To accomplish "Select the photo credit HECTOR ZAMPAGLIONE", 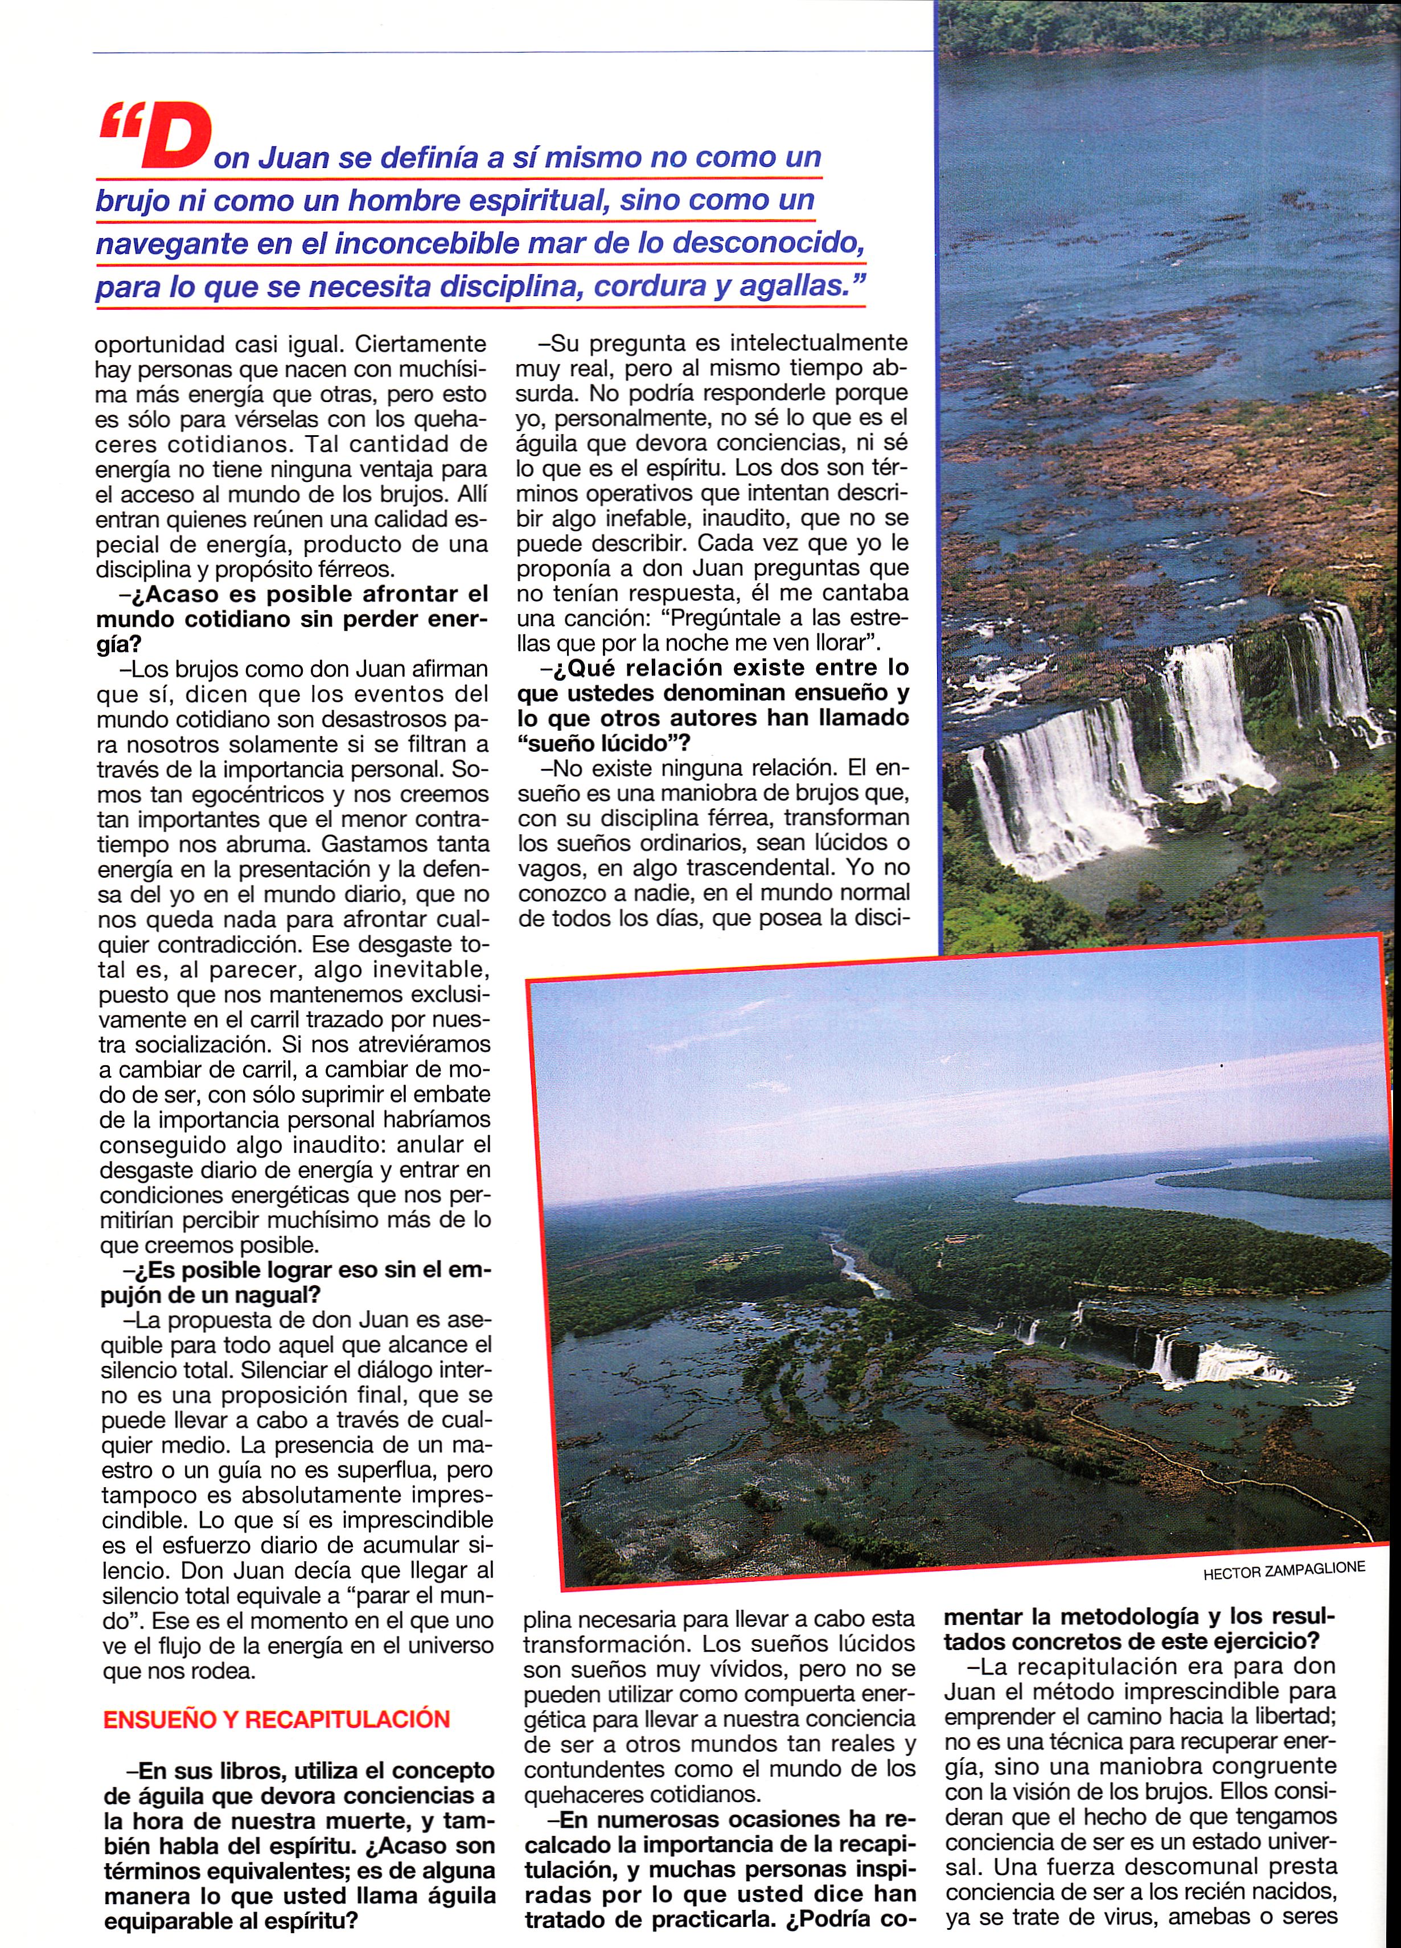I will (x=1283, y=1570).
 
